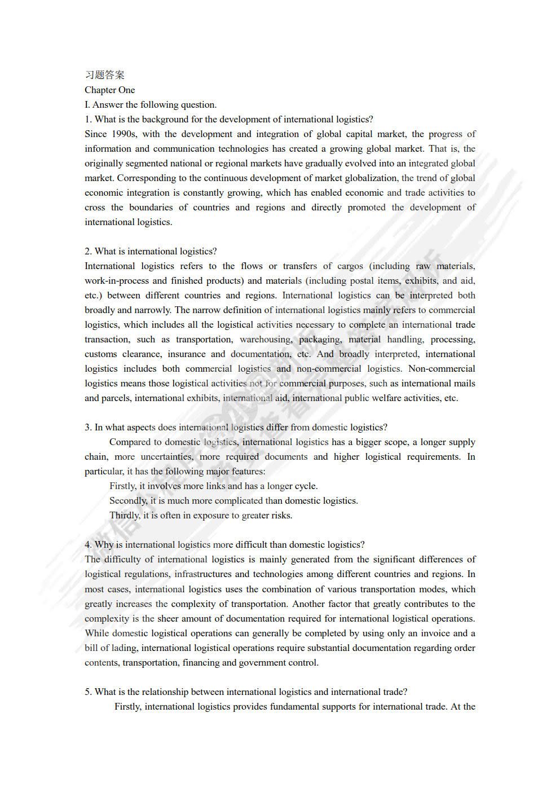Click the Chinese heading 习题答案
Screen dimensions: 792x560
point(104,75)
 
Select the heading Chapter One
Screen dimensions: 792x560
point(110,90)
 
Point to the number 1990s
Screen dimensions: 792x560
point(124,134)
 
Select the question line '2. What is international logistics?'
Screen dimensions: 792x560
point(151,251)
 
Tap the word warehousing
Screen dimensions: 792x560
point(266,339)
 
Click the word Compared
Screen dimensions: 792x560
point(129,442)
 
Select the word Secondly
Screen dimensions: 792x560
point(128,500)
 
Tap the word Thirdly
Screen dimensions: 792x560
point(125,515)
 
